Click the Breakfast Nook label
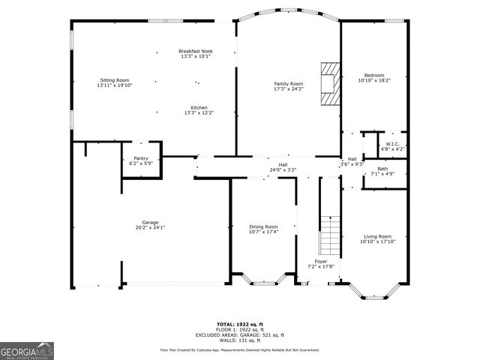coord(195,51)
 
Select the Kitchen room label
coord(199,108)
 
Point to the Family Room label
coord(288,83)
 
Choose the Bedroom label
coord(374,75)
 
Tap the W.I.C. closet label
coord(393,144)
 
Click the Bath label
coord(382,169)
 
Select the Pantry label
coord(140,158)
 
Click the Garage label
coord(150,222)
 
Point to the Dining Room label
coord(263,226)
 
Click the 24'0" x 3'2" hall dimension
coord(283,170)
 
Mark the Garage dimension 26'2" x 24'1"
coord(150,227)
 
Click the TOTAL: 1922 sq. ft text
coord(240,324)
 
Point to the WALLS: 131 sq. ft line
coord(240,340)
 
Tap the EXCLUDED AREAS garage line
coord(240,334)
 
